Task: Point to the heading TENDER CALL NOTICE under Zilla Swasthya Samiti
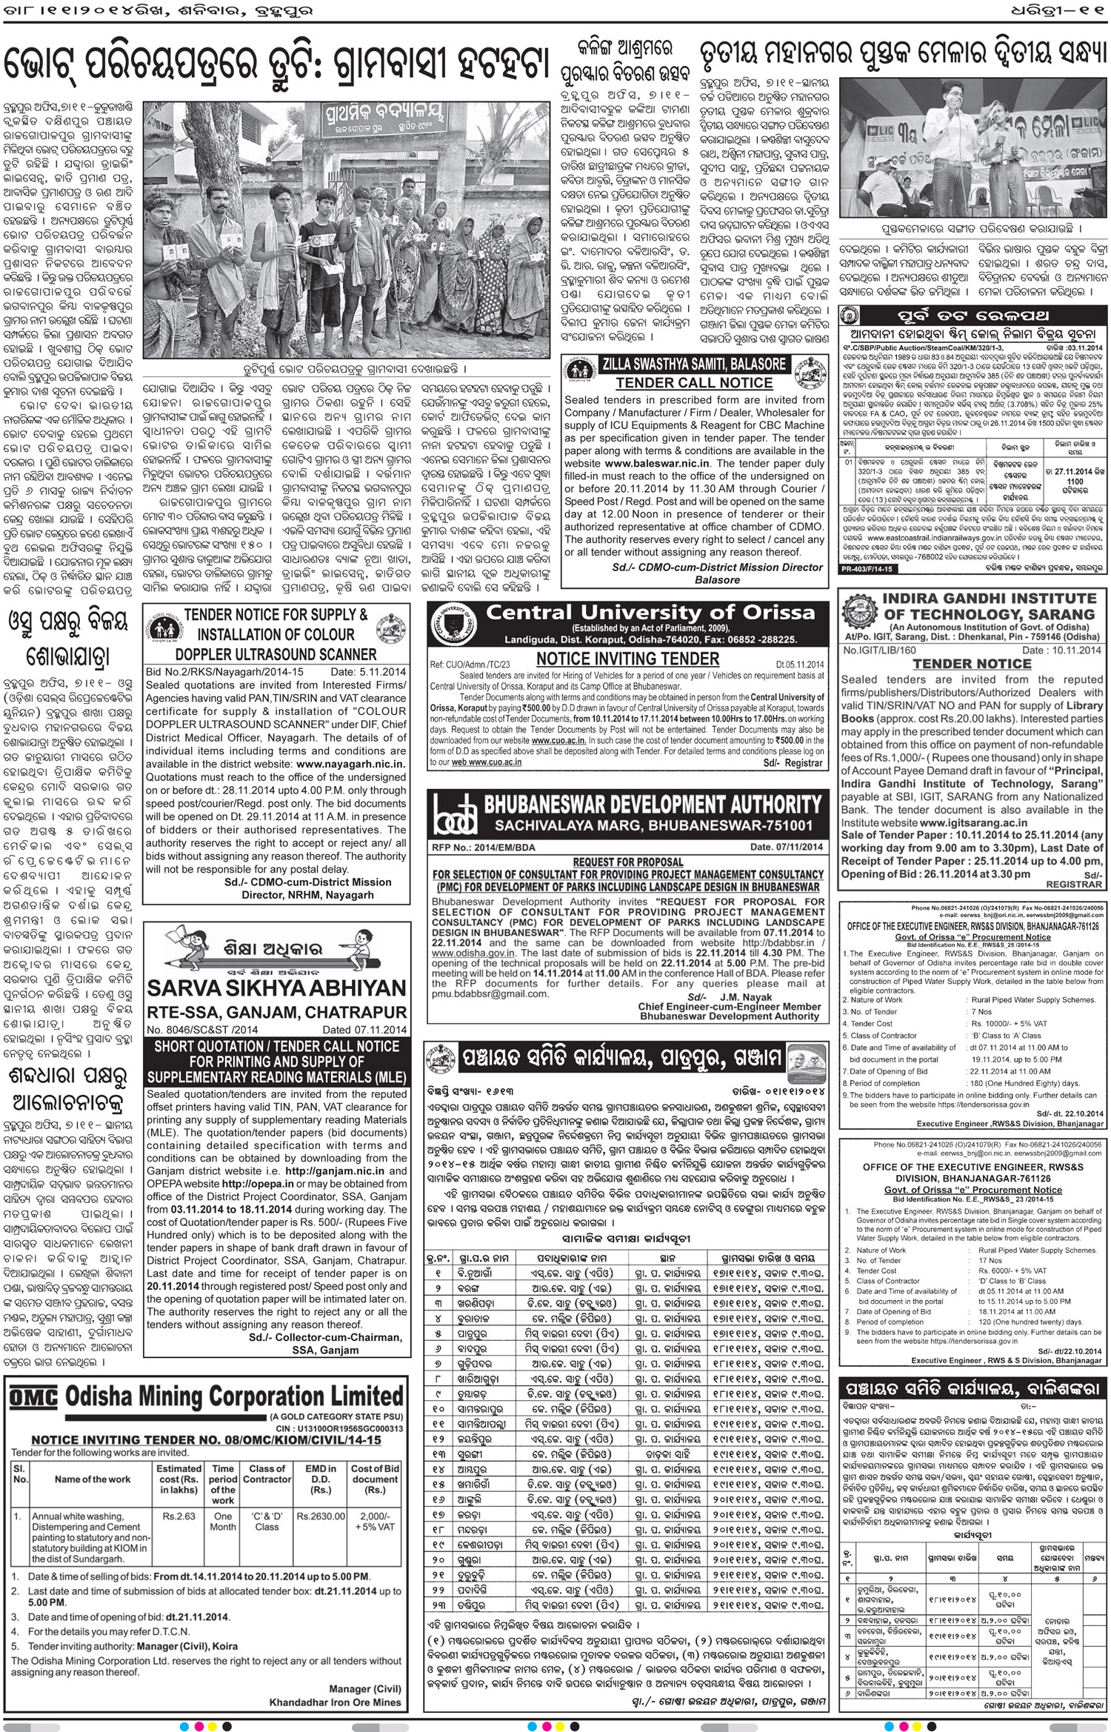(694, 382)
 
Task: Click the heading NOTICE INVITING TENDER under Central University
(627, 659)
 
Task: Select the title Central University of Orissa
(650, 613)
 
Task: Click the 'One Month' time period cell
(223, 1516)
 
